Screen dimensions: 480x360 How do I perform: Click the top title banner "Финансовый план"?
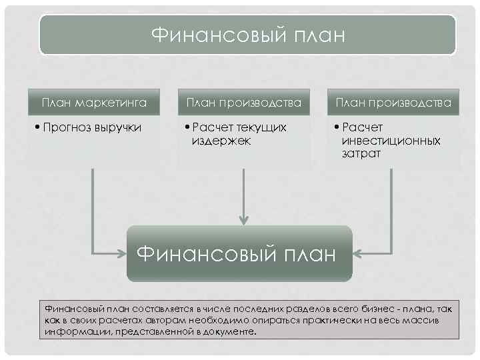tap(248, 35)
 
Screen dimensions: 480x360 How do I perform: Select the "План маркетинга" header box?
tap(94, 103)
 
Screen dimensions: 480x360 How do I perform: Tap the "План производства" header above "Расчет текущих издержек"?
tap(244, 103)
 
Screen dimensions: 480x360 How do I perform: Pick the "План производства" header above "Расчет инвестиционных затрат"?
tap(393, 103)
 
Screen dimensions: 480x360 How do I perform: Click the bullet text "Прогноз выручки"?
tap(92, 127)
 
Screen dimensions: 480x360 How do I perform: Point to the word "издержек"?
tap(222, 141)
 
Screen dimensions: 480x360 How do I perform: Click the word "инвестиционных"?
tap(391, 141)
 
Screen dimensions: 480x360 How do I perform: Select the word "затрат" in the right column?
tap(361, 154)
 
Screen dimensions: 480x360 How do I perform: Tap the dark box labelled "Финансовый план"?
tap(239, 253)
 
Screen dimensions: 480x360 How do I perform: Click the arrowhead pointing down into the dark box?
tap(245, 219)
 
